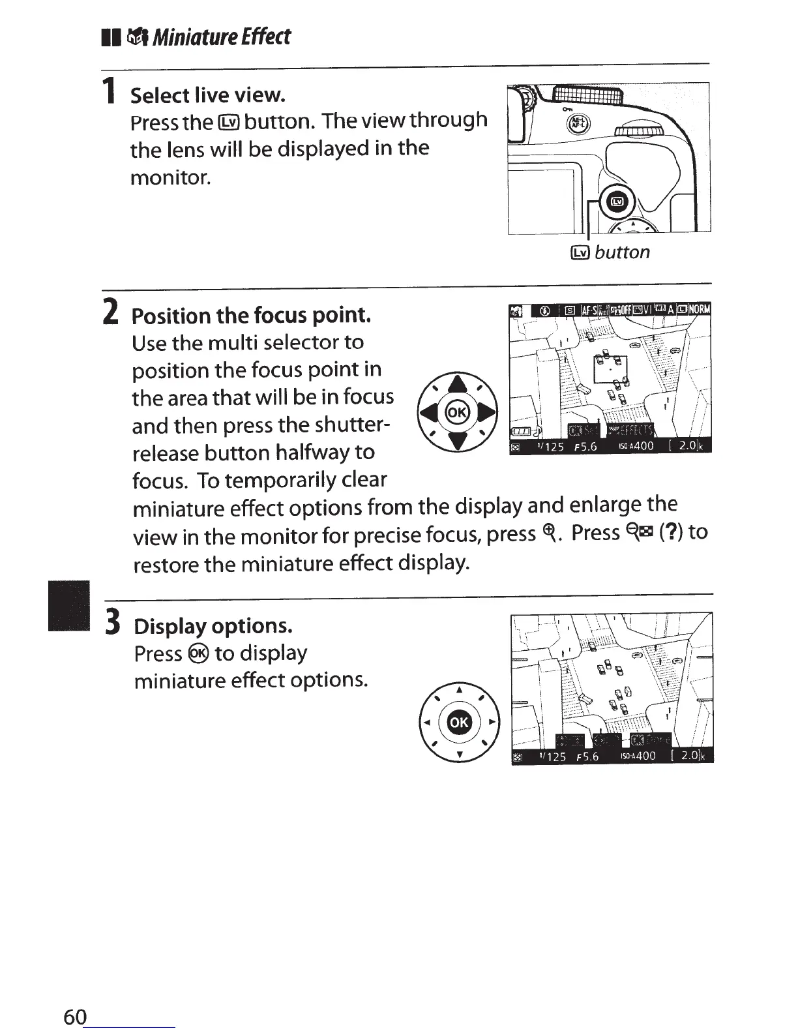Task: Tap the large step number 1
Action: [x=111, y=91]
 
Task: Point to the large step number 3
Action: [x=113, y=622]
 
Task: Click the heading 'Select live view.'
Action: [x=208, y=96]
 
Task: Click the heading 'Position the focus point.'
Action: [x=251, y=316]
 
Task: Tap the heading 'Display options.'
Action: [x=213, y=626]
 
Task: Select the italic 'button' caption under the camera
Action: [x=622, y=252]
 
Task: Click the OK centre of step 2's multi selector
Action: [x=457, y=412]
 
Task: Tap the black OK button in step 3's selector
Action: [x=459, y=721]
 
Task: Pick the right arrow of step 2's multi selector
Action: [x=487, y=413]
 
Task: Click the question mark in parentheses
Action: [x=671, y=532]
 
